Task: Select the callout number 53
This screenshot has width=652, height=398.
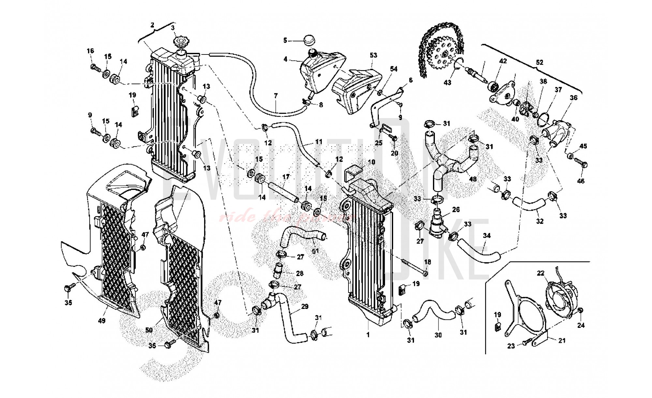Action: pos(373,55)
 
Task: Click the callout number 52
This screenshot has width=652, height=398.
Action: pos(540,62)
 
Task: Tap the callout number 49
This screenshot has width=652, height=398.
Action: pos(102,321)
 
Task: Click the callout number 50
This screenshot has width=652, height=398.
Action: pos(149,330)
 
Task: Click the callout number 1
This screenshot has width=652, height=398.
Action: pos(368,335)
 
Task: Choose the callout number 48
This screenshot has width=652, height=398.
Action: pos(472,179)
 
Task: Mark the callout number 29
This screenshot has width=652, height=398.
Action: pos(305,307)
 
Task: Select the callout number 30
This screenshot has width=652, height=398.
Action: pos(438,335)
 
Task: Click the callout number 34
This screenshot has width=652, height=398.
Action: pos(487,236)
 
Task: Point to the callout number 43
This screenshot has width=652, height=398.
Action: pos(448,83)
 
